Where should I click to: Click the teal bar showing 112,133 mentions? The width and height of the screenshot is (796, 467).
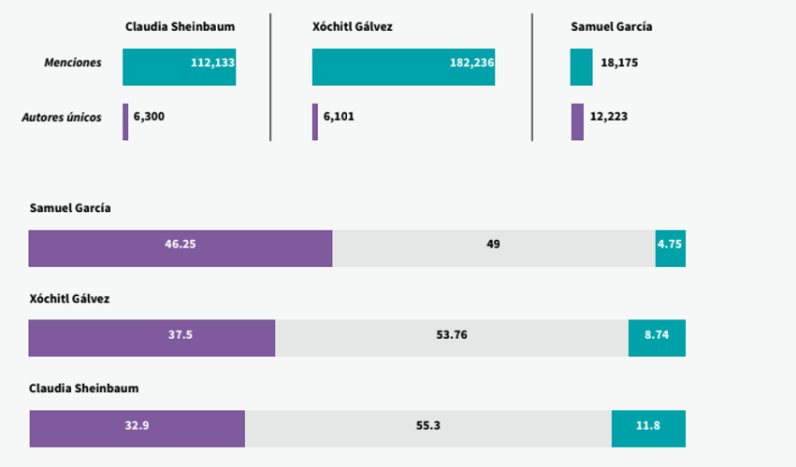[x=180, y=67]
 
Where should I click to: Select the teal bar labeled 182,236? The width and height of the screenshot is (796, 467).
[x=403, y=67]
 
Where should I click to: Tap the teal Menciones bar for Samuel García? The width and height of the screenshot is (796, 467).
[x=581, y=67]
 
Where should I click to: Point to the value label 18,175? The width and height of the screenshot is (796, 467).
[x=619, y=63]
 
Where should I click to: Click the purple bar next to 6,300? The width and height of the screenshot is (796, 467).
[x=125, y=121]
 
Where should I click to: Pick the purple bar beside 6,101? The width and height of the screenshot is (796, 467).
[x=315, y=121]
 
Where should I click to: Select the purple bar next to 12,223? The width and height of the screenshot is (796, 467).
[x=577, y=121]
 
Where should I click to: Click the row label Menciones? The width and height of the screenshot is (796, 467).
[x=73, y=63]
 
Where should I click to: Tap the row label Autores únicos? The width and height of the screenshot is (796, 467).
[x=62, y=117]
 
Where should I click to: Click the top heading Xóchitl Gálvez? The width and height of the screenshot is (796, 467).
[x=353, y=26]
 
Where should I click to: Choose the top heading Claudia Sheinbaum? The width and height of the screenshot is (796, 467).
[x=181, y=26]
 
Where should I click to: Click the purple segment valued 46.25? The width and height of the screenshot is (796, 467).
[x=181, y=248]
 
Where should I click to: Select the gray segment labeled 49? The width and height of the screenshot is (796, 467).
[x=494, y=248]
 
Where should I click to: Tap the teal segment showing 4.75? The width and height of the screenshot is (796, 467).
[x=671, y=248]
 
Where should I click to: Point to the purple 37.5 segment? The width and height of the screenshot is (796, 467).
[x=152, y=338]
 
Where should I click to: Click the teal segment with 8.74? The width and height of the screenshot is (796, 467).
[x=657, y=338]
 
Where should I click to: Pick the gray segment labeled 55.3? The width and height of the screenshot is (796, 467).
[x=428, y=429]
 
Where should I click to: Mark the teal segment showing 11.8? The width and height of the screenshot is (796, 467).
[x=649, y=429]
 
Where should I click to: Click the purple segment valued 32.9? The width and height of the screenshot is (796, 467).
[x=137, y=429]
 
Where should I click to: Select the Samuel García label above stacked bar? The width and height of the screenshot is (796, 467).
[x=70, y=208]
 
